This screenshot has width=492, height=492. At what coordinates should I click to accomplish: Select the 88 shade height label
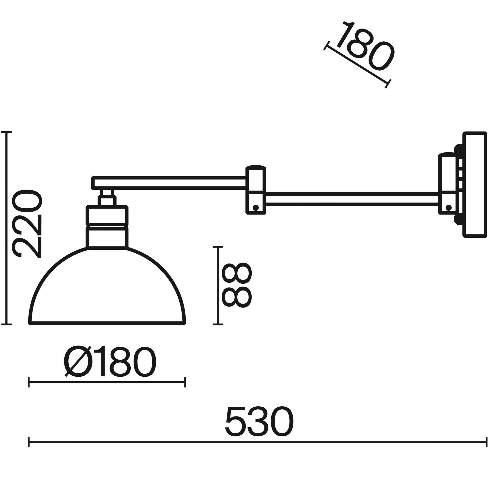tap(237, 285)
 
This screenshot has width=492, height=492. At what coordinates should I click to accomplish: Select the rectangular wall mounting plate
tap(475, 185)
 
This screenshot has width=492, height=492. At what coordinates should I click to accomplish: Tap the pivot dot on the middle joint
tap(255, 208)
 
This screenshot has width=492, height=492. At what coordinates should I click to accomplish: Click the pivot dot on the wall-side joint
tap(449, 208)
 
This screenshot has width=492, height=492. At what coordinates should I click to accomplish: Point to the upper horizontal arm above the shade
tap(169, 183)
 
